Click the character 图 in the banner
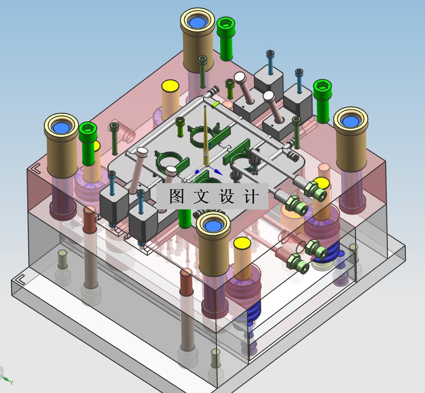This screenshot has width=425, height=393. click(x=177, y=196)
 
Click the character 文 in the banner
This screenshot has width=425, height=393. click(x=201, y=196)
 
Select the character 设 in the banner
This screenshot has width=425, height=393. click(x=226, y=196)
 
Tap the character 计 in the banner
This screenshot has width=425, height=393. click(x=250, y=196)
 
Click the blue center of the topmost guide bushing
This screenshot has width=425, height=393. click(x=198, y=22)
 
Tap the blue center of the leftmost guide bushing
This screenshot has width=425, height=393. click(x=62, y=127)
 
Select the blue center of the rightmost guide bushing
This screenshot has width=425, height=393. click(x=351, y=121)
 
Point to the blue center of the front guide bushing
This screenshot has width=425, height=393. click(x=213, y=226)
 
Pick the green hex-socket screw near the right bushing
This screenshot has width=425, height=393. click(x=322, y=101)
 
